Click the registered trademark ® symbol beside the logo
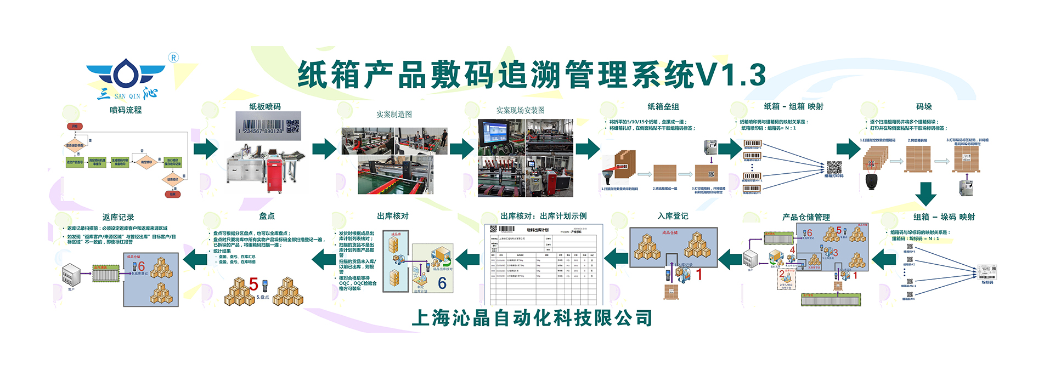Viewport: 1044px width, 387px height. pos(173,58)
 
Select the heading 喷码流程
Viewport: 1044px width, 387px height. pos(126,110)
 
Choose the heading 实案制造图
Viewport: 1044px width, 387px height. pos(394,114)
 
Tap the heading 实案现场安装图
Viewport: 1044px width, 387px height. pos(520,110)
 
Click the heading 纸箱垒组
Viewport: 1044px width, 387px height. pos(663,107)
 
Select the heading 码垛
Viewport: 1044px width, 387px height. pos(924,107)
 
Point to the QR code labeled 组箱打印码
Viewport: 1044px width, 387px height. pos(834,167)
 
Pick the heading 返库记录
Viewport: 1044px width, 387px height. pos(118,217)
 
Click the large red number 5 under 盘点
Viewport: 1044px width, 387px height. pos(253,284)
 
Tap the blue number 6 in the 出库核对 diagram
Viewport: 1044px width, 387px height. pos(442,283)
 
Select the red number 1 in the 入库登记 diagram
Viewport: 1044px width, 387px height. pos(699,274)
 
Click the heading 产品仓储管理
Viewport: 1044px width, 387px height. pos(806,217)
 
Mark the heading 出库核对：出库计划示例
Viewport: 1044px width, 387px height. pos(544,216)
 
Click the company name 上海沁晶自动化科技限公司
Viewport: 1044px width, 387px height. pos(532,318)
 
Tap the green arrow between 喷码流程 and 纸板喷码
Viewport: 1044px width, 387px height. pos(206,149)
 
